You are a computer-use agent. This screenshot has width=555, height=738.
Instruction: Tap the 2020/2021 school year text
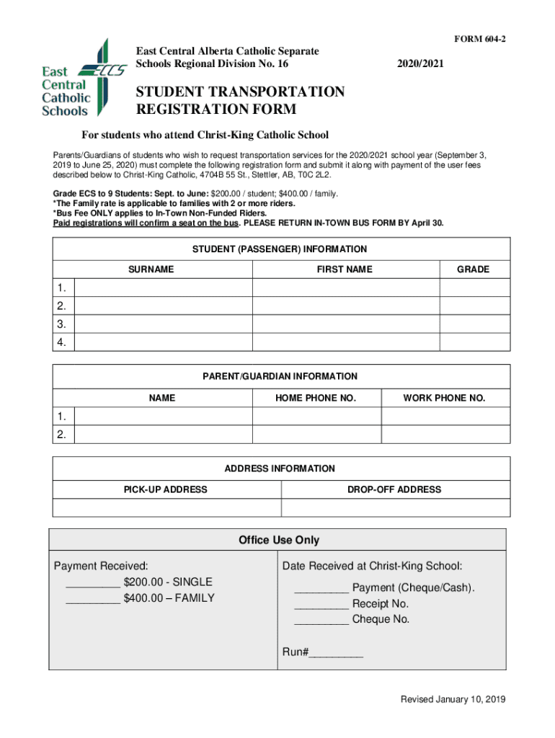point(420,65)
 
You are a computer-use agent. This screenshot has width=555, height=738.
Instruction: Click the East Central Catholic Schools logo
point(76,79)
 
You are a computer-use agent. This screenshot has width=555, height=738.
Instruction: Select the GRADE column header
point(473,270)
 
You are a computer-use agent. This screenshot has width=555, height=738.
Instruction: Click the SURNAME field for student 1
point(164,288)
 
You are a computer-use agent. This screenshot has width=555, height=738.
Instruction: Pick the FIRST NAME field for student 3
point(345,324)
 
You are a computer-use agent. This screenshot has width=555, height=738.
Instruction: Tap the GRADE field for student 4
point(474,342)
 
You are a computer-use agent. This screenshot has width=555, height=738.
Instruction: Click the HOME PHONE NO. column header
point(316,398)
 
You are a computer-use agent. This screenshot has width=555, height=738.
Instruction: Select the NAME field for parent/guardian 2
point(164,435)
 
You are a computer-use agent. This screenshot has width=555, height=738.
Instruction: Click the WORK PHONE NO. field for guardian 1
point(445,417)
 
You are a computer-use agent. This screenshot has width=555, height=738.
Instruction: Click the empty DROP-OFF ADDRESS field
point(394,508)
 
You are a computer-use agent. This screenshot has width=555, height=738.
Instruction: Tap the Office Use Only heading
point(278,541)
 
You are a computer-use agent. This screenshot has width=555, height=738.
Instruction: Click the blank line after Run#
point(336,655)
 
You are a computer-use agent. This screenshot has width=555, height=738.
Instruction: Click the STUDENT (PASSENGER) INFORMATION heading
point(280,249)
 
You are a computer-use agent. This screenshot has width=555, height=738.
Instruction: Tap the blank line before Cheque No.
point(321,621)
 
